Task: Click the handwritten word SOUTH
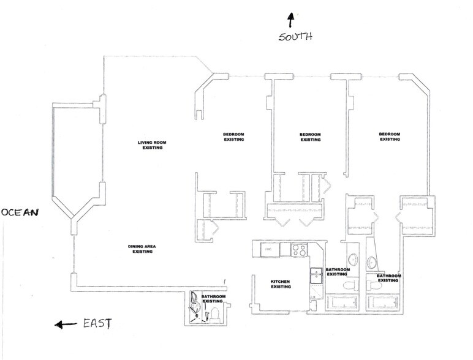(295, 37)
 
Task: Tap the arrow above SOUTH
(290, 20)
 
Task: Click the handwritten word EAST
(97, 323)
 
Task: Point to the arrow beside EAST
(66, 324)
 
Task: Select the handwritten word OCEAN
(20, 212)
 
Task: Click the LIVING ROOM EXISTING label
(152, 145)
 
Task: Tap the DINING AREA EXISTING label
(142, 249)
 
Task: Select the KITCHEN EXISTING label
(281, 284)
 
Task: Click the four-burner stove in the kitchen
(299, 250)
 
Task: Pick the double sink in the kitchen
(316, 275)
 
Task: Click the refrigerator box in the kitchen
(270, 250)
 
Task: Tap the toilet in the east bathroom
(214, 314)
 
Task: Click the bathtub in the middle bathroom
(342, 302)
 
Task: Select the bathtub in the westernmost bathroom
(383, 302)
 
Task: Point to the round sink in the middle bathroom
(353, 260)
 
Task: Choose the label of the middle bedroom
(310, 137)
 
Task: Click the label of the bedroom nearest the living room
(234, 137)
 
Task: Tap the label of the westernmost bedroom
(390, 137)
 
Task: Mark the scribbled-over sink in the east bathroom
(195, 307)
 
